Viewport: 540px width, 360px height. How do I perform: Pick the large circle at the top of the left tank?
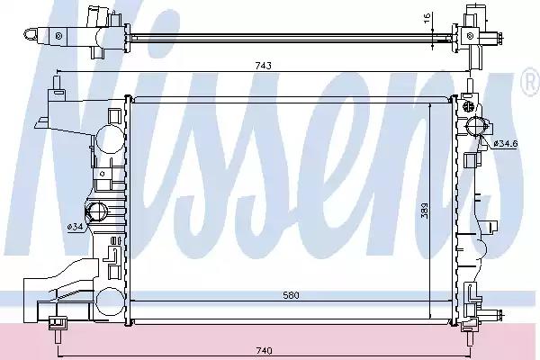coord(108,142)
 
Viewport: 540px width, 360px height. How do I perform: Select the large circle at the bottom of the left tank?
coord(107,302)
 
